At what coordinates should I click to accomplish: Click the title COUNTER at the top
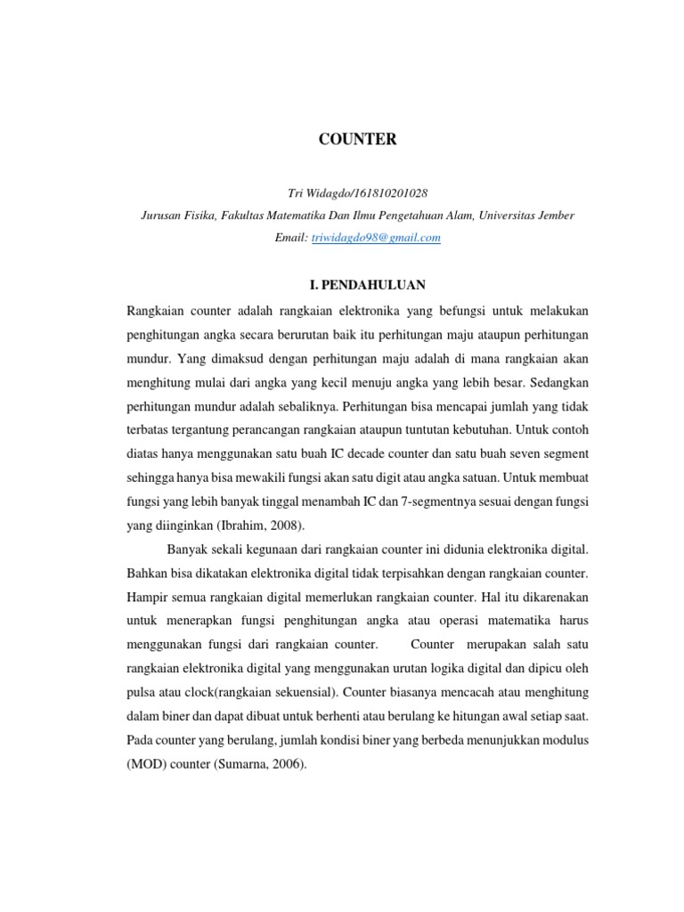359,140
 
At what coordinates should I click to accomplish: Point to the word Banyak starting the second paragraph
188,548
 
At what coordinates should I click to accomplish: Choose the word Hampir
148,596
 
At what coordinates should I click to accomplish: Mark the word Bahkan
150,572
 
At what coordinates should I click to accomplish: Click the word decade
390,429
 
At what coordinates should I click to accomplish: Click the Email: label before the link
291,238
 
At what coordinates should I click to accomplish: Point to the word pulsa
144,692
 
